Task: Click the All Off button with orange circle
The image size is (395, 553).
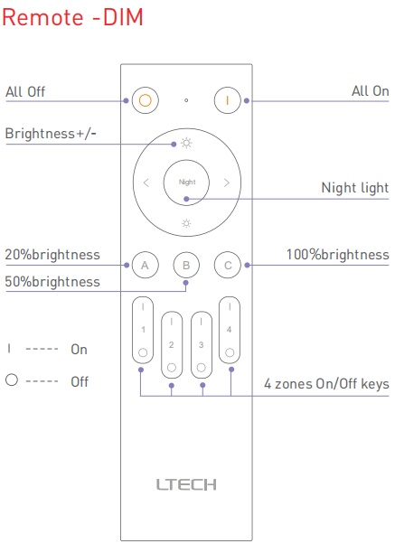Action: [146, 100]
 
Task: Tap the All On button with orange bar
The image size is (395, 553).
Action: [228, 100]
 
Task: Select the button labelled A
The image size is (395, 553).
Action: [145, 265]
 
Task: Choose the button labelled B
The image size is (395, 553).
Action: [186, 265]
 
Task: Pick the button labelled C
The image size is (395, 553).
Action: [228, 265]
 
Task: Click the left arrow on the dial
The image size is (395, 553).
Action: [146, 183]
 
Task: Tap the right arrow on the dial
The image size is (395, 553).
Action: [226, 183]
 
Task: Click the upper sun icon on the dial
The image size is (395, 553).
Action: [186, 143]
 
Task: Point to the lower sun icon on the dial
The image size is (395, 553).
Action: [186, 223]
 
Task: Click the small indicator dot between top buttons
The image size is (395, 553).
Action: [186, 100]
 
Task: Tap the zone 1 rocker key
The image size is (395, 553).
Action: [143, 330]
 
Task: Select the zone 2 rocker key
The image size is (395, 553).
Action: [172, 345]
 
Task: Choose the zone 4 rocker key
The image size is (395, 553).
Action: [230, 330]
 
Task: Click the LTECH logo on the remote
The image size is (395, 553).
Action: [186, 485]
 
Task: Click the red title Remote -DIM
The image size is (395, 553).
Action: [72, 17]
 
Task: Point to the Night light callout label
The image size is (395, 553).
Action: [355, 188]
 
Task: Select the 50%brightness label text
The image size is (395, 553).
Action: [52, 282]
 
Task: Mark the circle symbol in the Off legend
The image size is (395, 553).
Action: [12, 380]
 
